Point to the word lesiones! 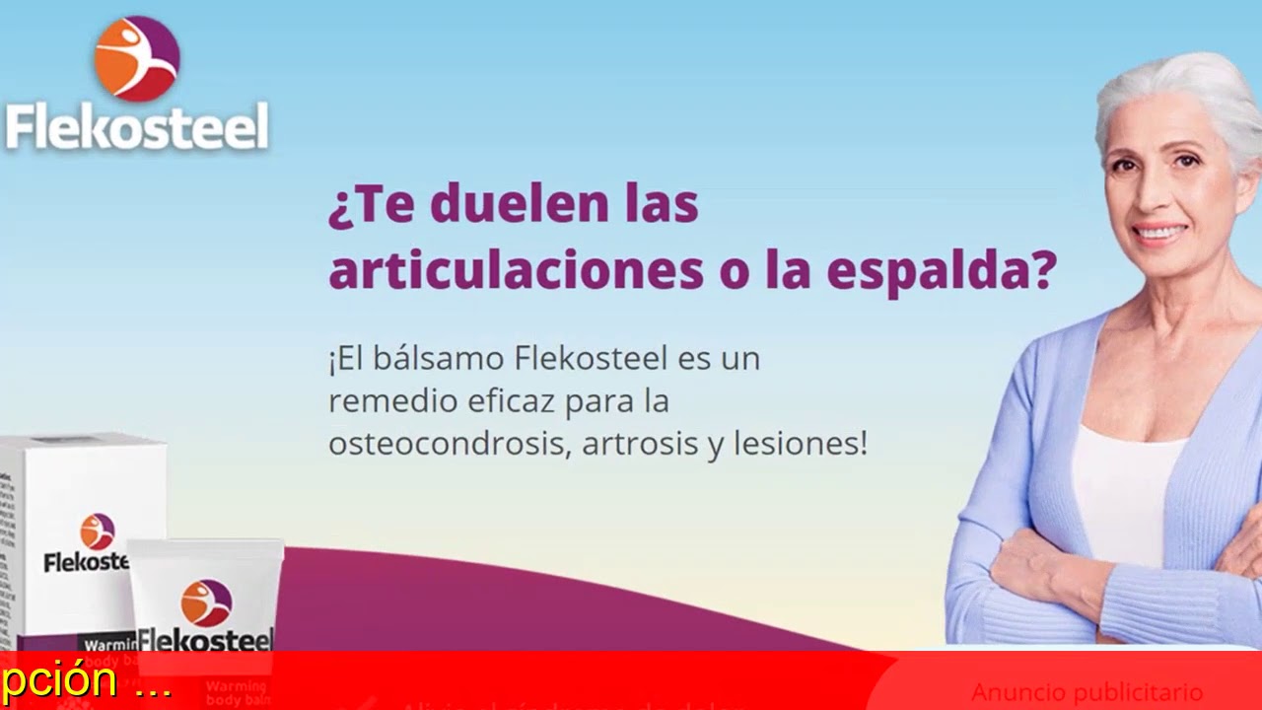(x=800, y=444)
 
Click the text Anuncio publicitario (x=1087, y=691)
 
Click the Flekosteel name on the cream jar (x=205, y=639)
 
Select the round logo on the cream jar (x=206, y=603)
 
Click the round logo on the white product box (x=98, y=531)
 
